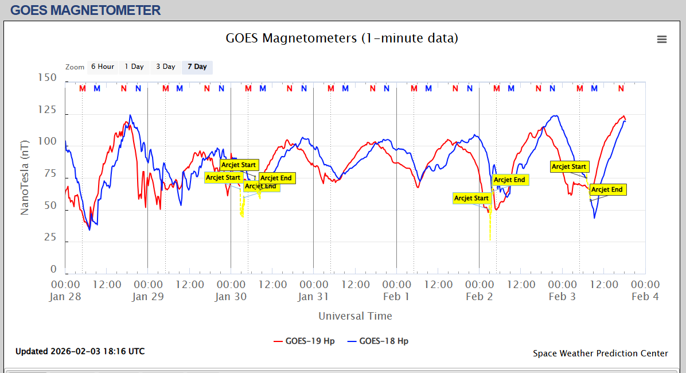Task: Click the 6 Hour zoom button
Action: [102, 67]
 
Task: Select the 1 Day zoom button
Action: [134, 67]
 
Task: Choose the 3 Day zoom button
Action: [166, 67]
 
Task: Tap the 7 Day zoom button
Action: [197, 67]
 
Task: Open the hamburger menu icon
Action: [662, 39]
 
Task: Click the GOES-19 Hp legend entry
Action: [304, 341]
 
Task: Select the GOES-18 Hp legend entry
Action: [378, 341]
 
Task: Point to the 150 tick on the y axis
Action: [46, 77]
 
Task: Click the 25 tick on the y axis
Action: [50, 237]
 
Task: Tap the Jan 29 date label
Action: [148, 297]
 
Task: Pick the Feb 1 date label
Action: [396, 297]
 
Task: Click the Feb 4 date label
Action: [645, 297]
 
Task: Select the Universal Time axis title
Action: [355, 316]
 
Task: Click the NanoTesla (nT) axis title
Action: [25, 177]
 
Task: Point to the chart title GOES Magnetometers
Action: [342, 38]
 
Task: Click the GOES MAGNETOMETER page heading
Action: [85, 10]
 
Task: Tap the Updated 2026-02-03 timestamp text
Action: [80, 351]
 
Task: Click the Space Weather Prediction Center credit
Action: [600, 353]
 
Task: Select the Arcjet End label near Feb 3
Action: [607, 189]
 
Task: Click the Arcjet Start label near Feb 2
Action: [471, 198]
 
